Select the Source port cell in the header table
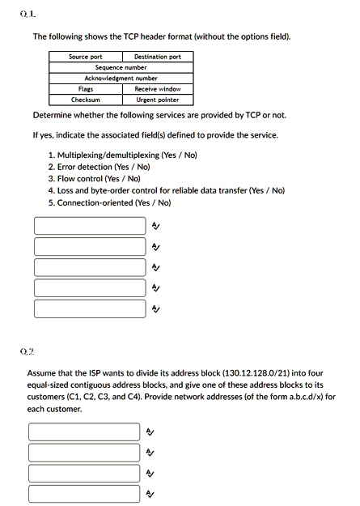click(85, 57)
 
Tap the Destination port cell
click(157, 57)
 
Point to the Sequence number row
click(121, 67)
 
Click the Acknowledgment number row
click(121, 78)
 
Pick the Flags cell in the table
click(85, 88)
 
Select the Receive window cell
click(157, 88)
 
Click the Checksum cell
click(85, 100)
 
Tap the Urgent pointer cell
click(157, 100)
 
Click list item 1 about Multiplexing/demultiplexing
click(122, 154)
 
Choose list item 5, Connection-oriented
click(109, 202)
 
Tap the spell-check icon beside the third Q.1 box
click(156, 266)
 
